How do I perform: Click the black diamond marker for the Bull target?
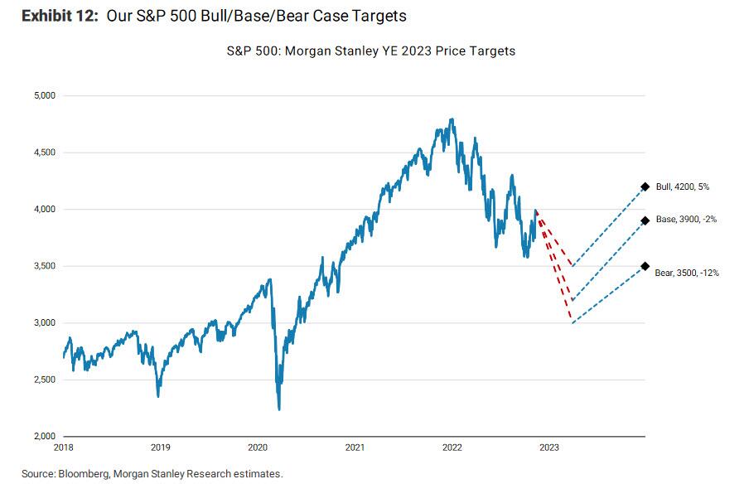tap(645, 186)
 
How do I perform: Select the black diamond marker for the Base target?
tap(645, 220)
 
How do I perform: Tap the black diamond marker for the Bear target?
tap(645, 266)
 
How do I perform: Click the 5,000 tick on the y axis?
tap(43, 95)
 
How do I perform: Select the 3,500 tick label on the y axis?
tap(43, 266)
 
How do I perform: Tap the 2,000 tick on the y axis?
tap(43, 437)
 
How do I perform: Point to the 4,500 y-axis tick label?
tap(43, 152)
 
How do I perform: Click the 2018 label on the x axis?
tap(64, 448)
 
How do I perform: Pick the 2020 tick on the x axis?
tap(258, 448)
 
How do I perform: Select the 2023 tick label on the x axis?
tap(548, 448)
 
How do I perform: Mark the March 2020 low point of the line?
tap(278, 409)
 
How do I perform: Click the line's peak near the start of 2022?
tap(452, 119)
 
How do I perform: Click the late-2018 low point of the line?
tap(158, 396)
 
